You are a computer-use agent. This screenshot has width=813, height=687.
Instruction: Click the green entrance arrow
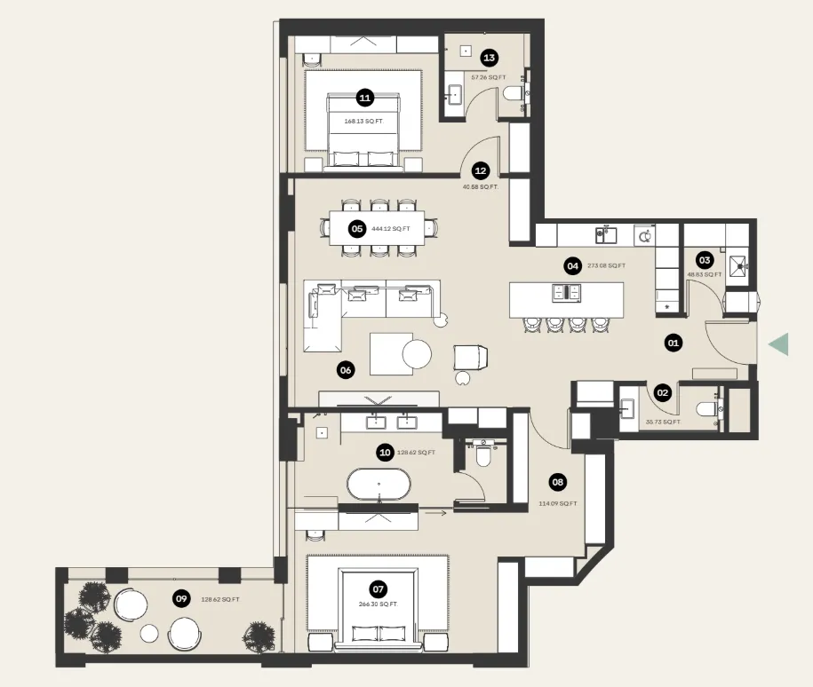pyautogui.click(x=779, y=344)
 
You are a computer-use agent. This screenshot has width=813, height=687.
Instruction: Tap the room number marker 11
pyautogui.click(x=364, y=98)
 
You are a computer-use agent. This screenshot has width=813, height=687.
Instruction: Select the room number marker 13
pyautogui.click(x=489, y=58)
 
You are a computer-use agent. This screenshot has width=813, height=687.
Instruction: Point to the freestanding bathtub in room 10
pyautogui.click(x=379, y=486)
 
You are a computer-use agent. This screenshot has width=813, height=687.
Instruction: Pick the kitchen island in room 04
pyautogui.click(x=566, y=299)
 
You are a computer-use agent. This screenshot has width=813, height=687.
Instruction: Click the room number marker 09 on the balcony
pyautogui.click(x=181, y=599)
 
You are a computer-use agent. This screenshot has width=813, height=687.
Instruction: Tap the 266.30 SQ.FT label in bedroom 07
pyautogui.click(x=379, y=604)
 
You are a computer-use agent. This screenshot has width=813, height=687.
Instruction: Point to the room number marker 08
pyautogui.click(x=558, y=483)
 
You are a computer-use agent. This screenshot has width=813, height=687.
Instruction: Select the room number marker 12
pyautogui.click(x=481, y=171)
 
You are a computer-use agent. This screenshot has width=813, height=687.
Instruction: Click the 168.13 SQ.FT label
pyautogui.click(x=363, y=121)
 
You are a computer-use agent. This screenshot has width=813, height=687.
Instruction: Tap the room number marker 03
pyautogui.click(x=705, y=260)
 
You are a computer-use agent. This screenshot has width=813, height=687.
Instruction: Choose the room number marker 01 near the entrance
pyautogui.click(x=674, y=342)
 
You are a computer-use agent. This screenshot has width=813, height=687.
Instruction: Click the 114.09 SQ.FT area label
pyautogui.click(x=558, y=503)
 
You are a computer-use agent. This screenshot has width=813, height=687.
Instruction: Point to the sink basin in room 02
pyautogui.click(x=628, y=408)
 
